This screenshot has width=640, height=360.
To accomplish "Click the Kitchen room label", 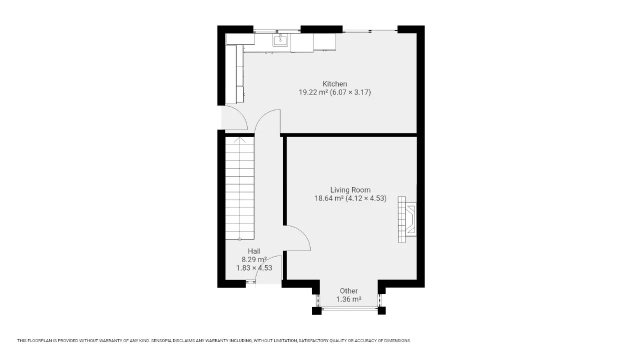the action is tap(334, 84).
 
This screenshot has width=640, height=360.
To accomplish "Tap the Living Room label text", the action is tap(350, 190).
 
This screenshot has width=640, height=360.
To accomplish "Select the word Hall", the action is tap(254, 251).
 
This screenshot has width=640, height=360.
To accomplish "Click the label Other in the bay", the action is tap(348, 291).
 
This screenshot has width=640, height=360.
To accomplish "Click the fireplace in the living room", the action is tap(407, 219).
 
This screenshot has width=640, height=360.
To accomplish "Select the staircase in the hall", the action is tap(239, 188).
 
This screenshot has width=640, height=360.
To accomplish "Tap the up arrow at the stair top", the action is tap(239, 139).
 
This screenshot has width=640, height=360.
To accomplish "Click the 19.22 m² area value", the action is tap(313, 92).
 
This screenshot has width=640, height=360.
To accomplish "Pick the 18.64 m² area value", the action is tap(328, 198).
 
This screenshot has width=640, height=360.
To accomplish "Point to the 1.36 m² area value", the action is tap(348, 299).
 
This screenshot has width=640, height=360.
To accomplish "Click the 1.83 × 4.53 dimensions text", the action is tap(254, 268).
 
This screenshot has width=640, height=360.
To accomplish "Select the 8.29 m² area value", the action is tap(254, 259).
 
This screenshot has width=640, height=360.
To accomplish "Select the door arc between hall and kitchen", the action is tap(262, 117).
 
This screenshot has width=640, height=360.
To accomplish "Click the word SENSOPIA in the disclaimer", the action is tap(162, 340).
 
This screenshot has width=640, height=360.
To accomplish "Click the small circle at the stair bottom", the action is tap(239, 239).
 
